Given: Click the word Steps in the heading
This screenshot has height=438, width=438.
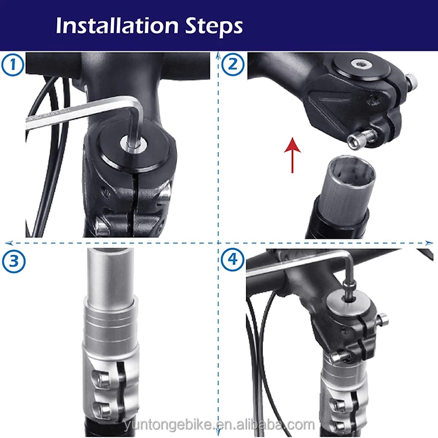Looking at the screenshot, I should pos(214,26).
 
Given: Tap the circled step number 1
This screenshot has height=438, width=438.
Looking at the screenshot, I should pos(12,64).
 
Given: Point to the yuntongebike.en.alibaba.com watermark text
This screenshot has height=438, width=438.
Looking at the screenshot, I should pos(219,424).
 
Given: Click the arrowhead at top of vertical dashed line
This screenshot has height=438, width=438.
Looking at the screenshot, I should pos(218,56).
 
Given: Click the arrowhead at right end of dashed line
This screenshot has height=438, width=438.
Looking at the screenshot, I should pos(430,242).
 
